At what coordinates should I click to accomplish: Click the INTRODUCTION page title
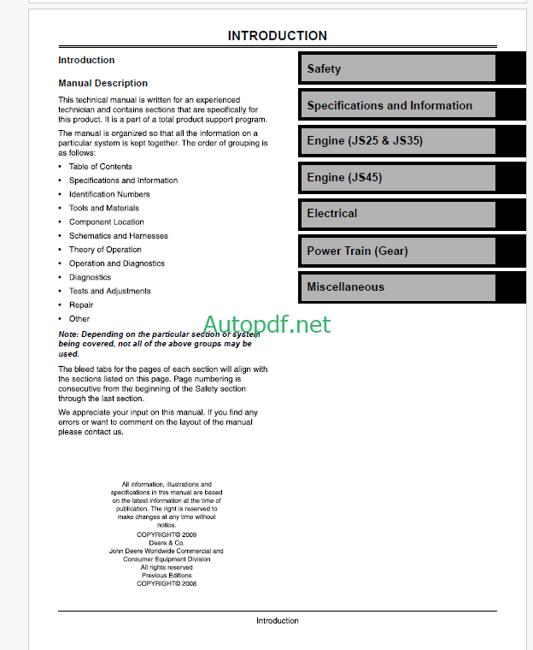tap(277, 36)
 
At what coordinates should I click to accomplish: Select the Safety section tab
tap(397, 68)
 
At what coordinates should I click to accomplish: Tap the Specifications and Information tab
tap(397, 105)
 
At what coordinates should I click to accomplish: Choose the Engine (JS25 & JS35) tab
tap(397, 141)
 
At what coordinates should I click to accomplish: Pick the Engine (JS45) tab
tap(397, 178)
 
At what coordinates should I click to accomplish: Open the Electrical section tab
tap(397, 214)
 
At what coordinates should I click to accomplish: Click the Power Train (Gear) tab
tap(397, 251)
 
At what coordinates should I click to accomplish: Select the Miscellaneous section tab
tap(397, 287)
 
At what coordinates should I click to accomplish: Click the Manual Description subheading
tap(102, 83)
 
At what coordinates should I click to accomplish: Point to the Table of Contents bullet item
tap(101, 167)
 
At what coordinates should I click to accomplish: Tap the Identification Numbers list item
tap(109, 194)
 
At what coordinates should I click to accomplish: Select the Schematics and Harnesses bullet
tap(119, 236)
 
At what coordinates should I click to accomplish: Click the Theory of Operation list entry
tap(105, 250)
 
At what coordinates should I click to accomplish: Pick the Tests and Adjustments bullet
tap(109, 291)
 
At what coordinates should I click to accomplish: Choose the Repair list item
tap(82, 304)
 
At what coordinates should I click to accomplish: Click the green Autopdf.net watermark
tap(266, 324)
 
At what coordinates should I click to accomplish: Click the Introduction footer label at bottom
tap(278, 621)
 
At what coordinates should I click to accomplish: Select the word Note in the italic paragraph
tap(67, 334)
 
